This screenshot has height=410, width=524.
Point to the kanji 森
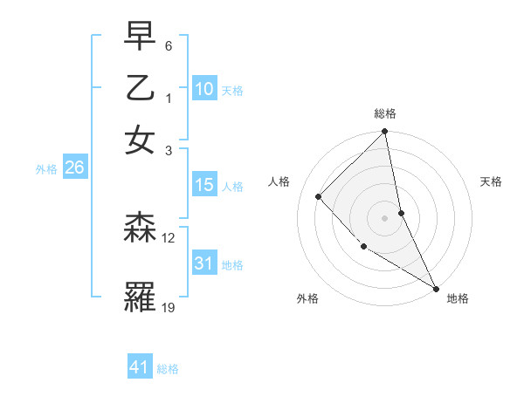click(x=140, y=229)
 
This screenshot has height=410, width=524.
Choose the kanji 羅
click(x=140, y=297)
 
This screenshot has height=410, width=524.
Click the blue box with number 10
click(x=204, y=89)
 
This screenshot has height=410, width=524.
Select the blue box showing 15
click(x=204, y=185)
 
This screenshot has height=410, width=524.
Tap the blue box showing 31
click(x=204, y=263)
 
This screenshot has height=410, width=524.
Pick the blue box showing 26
click(x=74, y=168)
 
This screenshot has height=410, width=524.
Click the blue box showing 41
click(x=140, y=367)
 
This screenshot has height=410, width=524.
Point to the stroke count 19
click(x=169, y=306)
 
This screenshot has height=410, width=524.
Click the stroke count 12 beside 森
click(x=169, y=237)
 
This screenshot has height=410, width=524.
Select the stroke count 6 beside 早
click(x=169, y=45)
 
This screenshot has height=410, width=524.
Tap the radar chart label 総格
click(x=385, y=113)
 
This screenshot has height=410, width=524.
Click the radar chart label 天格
click(x=492, y=181)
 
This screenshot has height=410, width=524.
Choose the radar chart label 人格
click(x=279, y=181)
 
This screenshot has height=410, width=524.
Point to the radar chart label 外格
click(x=307, y=298)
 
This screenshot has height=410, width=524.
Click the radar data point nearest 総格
click(x=385, y=133)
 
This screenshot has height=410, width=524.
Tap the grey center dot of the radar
click(x=385, y=218)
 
